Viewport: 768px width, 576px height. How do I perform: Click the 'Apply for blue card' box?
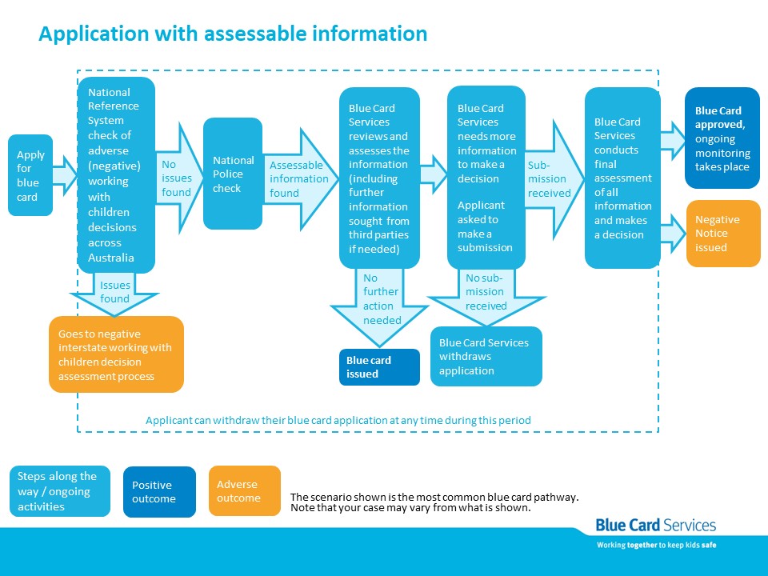(x=30, y=175)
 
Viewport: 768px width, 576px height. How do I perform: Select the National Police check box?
(x=233, y=174)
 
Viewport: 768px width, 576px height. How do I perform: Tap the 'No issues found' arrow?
(x=179, y=178)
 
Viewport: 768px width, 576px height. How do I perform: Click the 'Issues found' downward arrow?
(x=114, y=294)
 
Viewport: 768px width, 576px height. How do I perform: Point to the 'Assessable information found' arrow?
(x=300, y=178)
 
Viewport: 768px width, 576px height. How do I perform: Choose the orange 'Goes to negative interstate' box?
(x=117, y=354)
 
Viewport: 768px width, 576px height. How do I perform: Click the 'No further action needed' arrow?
(x=379, y=306)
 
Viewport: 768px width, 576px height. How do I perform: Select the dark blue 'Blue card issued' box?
(x=379, y=367)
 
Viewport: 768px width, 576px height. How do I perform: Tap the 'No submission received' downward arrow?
(x=486, y=296)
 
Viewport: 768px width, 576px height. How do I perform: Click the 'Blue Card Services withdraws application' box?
(x=486, y=357)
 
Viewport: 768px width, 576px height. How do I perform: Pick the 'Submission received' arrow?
(x=554, y=179)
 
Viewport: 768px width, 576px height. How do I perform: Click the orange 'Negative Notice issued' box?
(x=723, y=234)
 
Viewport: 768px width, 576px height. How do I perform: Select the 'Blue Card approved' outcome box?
(x=722, y=138)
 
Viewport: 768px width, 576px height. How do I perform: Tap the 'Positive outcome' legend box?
(x=160, y=492)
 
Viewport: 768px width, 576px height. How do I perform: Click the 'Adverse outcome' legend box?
(x=245, y=490)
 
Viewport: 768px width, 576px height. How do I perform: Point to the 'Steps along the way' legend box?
(x=60, y=491)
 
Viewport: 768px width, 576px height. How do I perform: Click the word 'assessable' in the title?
(x=255, y=34)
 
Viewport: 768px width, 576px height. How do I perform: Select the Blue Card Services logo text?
(x=656, y=526)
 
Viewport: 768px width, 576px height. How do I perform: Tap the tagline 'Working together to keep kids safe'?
(x=656, y=545)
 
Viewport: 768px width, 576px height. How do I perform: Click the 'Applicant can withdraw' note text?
(x=338, y=420)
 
